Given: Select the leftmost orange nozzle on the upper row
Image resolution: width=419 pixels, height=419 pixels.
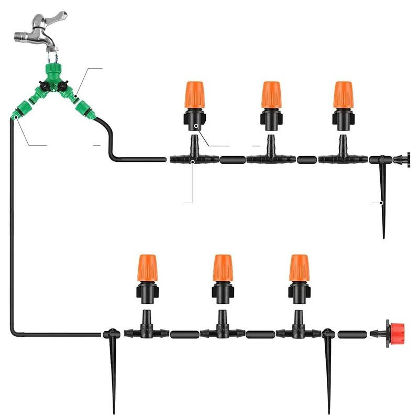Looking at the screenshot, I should click(194, 96).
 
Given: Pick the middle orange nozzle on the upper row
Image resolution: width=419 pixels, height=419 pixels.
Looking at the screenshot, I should click(271, 95).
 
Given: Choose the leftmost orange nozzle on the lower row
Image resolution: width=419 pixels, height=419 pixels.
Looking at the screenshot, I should click(147, 268).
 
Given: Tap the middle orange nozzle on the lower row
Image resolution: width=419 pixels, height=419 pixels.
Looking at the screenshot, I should click(223, 268).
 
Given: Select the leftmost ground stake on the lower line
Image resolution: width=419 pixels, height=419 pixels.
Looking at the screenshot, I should click(113, 367).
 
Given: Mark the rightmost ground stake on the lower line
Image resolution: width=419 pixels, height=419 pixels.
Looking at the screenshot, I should click(329, 367).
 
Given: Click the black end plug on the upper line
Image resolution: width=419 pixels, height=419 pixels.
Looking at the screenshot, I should click(403, 159).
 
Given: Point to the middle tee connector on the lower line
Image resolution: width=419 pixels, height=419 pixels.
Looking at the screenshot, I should click(223, 330).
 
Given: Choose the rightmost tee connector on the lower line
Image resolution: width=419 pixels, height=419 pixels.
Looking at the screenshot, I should click(299, 330).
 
